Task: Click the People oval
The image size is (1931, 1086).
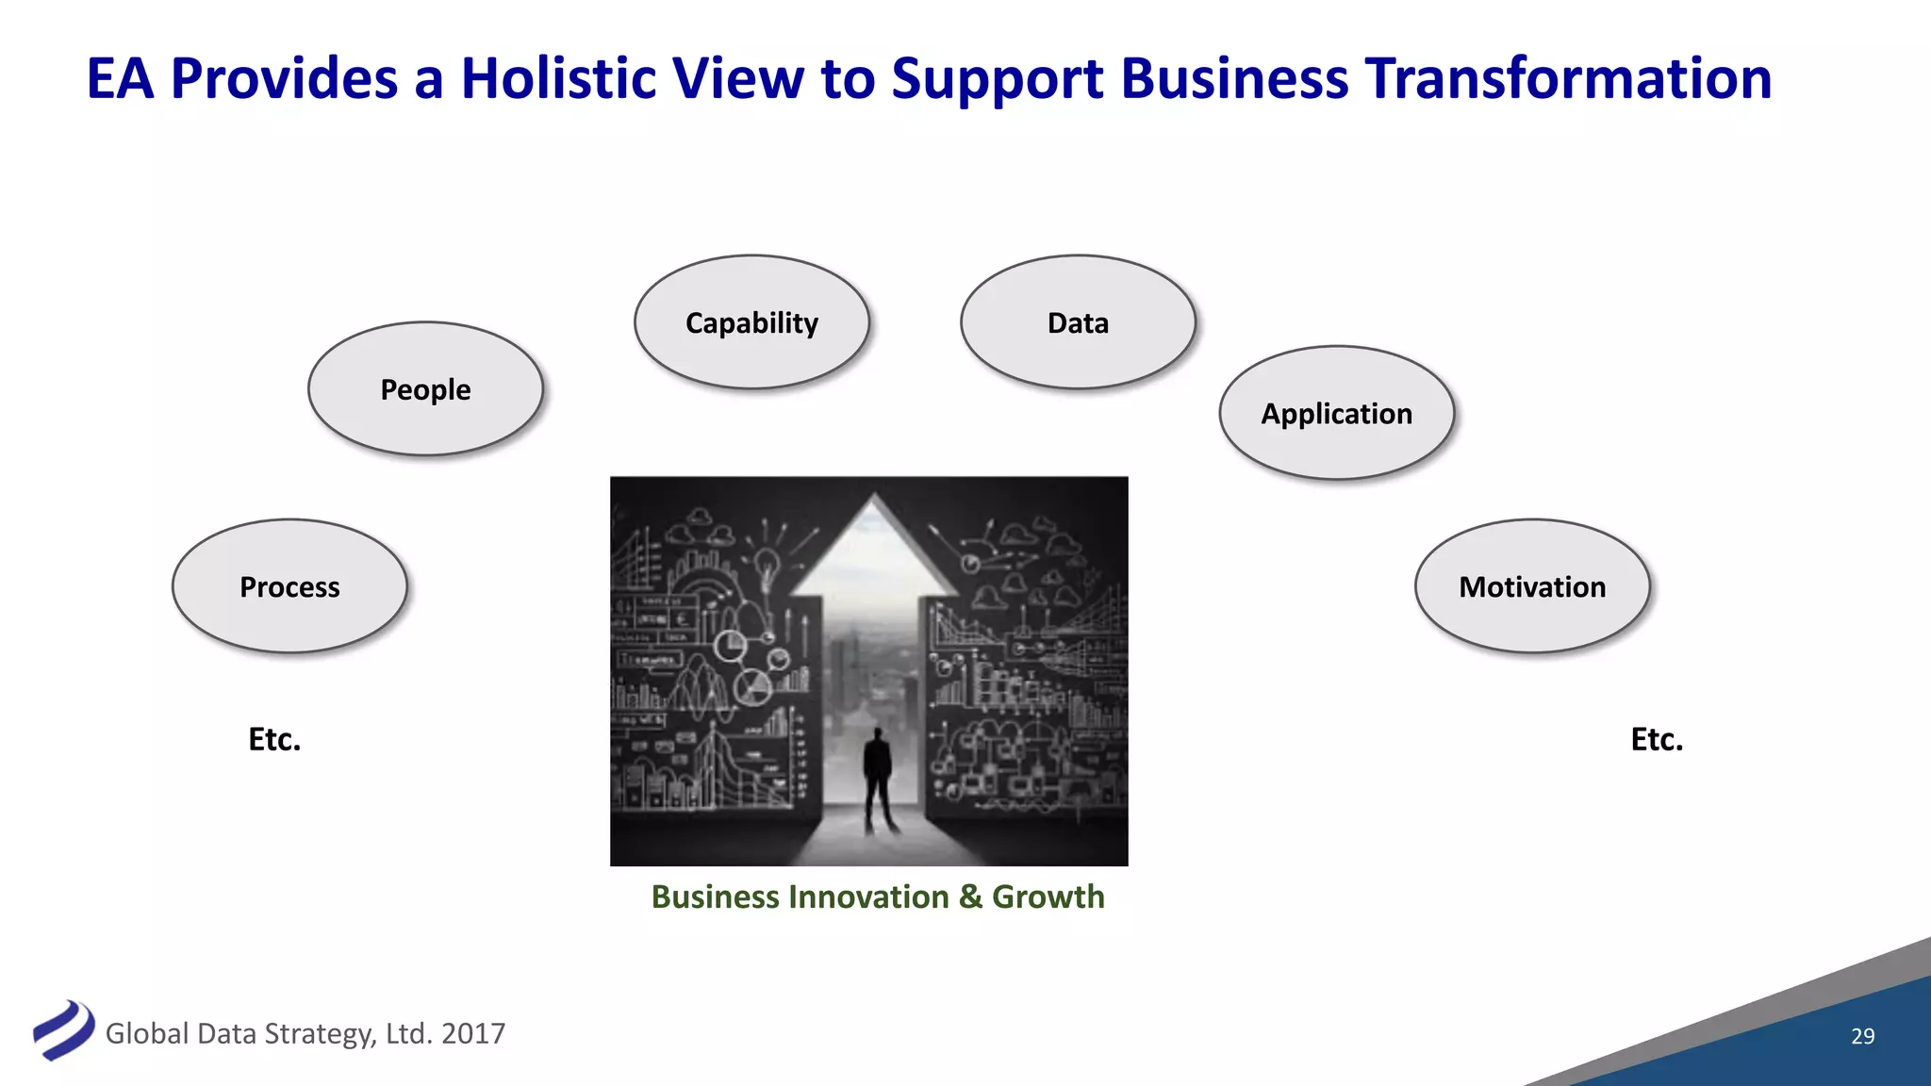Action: [x=425, y=389]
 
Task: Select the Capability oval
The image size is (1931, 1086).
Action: [x=751, y=322]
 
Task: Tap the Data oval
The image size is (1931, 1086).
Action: [x=1078, y=322]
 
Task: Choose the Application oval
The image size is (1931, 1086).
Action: [x=1336, y=413]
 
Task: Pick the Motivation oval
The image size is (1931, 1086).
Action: [x=1532, y=586]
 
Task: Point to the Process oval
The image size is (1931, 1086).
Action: [x=289, y=586]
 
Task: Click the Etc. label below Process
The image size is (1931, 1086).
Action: [x=274, y=739]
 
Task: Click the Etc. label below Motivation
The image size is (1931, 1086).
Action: [x=1657, y=739]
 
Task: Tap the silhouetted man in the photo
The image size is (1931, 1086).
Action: [x=879, y=778]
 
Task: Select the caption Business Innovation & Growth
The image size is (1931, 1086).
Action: [x=878, y=897]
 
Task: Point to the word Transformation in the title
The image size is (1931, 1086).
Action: [x=1568, y=78]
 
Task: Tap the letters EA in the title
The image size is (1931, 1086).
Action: [x=120, y=78]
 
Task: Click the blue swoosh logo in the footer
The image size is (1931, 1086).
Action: [x=64, y=1029]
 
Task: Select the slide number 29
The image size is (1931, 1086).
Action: [x=1862, y=1036]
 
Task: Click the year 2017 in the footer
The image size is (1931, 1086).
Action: [x=473, y=1034]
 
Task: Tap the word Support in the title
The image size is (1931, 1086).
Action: [x=997, y=80]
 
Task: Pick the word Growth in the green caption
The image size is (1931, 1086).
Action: [x=1048, y=897]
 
